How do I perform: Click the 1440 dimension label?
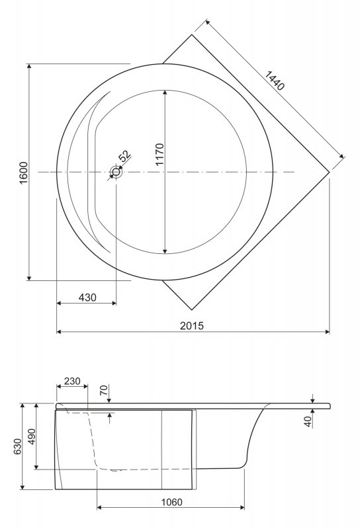tap(274, 81)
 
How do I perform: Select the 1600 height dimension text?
tap(24, 173)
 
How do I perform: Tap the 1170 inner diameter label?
tap(159, 155)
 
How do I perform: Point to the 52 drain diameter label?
tap(125, 156)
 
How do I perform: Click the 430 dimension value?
tap(87, 298)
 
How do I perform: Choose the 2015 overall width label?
tap(192, 325)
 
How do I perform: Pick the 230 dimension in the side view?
tap(72, 382)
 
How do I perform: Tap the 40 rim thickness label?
tap(308, 421)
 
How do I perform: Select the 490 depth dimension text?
tap(31, 436)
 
